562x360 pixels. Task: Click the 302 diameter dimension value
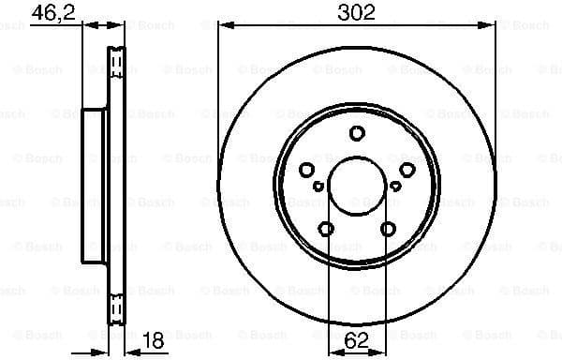356,12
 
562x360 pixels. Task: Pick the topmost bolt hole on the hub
357,134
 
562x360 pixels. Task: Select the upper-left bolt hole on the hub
307,169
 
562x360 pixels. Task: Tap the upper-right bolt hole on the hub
407,169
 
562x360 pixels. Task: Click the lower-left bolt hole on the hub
326,228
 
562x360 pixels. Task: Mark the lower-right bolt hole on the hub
388,228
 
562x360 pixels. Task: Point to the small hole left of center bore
319,187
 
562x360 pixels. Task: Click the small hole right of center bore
395,187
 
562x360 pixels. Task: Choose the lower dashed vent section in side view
117,307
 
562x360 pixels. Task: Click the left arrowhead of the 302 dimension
223,26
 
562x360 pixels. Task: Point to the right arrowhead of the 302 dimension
491,26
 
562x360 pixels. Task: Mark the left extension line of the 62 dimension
327,281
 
